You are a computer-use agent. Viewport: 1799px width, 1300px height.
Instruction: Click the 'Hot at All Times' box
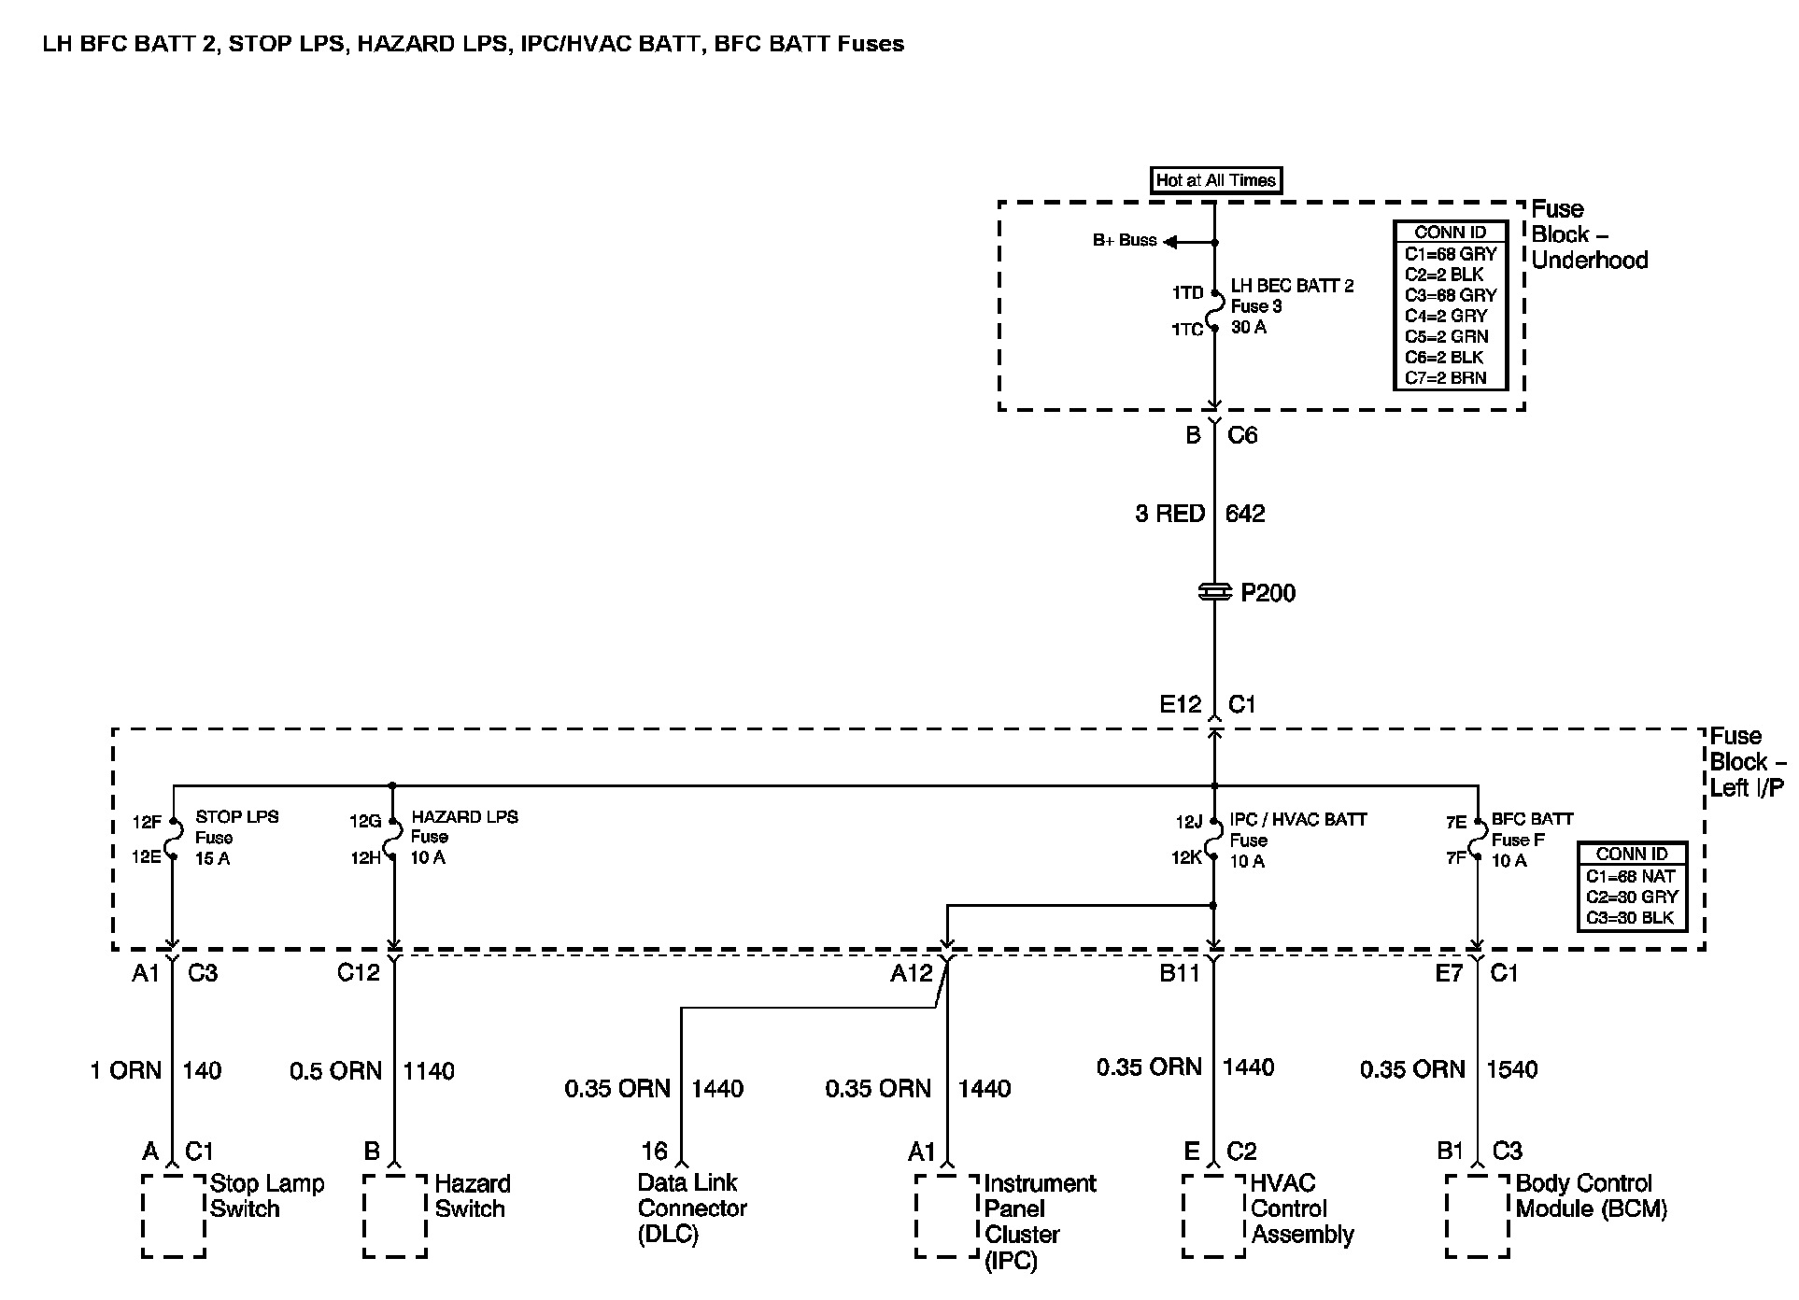[x=1215, y=180]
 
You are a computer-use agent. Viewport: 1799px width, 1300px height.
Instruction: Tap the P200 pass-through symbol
[x=1214, y=592]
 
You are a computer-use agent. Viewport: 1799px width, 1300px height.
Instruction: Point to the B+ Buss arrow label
[x=1125, y=240]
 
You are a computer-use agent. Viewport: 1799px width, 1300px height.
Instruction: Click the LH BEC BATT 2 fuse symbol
[x=1214, y=310]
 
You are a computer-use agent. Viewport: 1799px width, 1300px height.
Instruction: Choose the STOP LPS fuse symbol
[x=173, y=839]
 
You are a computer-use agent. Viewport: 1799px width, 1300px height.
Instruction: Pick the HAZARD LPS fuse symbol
[x=393, y=839]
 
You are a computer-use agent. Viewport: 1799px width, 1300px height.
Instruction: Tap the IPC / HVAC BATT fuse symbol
[x=1213, y=839]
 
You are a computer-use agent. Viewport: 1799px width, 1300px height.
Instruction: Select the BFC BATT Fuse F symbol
[x=1478, y=839]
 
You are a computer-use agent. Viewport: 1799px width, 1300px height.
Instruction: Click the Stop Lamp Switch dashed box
[x=174, y=1215]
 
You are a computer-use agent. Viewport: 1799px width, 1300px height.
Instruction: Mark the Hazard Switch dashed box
[x=395, y=1215]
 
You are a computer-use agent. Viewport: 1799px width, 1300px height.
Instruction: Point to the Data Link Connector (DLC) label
[x=691, y=1208]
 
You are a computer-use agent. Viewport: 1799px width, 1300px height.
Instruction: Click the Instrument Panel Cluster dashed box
[x=946, y=1215]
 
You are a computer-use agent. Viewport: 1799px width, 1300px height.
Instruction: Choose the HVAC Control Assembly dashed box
[x=1213, y=1215]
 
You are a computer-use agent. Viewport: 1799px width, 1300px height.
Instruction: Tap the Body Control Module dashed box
[x=1477, y=1215]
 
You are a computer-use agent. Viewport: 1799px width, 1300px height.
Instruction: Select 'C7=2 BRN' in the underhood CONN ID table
[x=1444, y=378]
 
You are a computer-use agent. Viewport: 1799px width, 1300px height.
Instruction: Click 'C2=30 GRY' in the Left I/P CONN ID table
[x=1632, y=897]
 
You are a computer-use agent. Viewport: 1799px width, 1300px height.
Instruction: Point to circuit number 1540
[x=1511, y=1069]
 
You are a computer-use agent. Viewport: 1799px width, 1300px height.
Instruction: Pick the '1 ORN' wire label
[x=126, y=1070]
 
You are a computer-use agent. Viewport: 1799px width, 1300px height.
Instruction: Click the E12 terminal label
[x=1180, y=705]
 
